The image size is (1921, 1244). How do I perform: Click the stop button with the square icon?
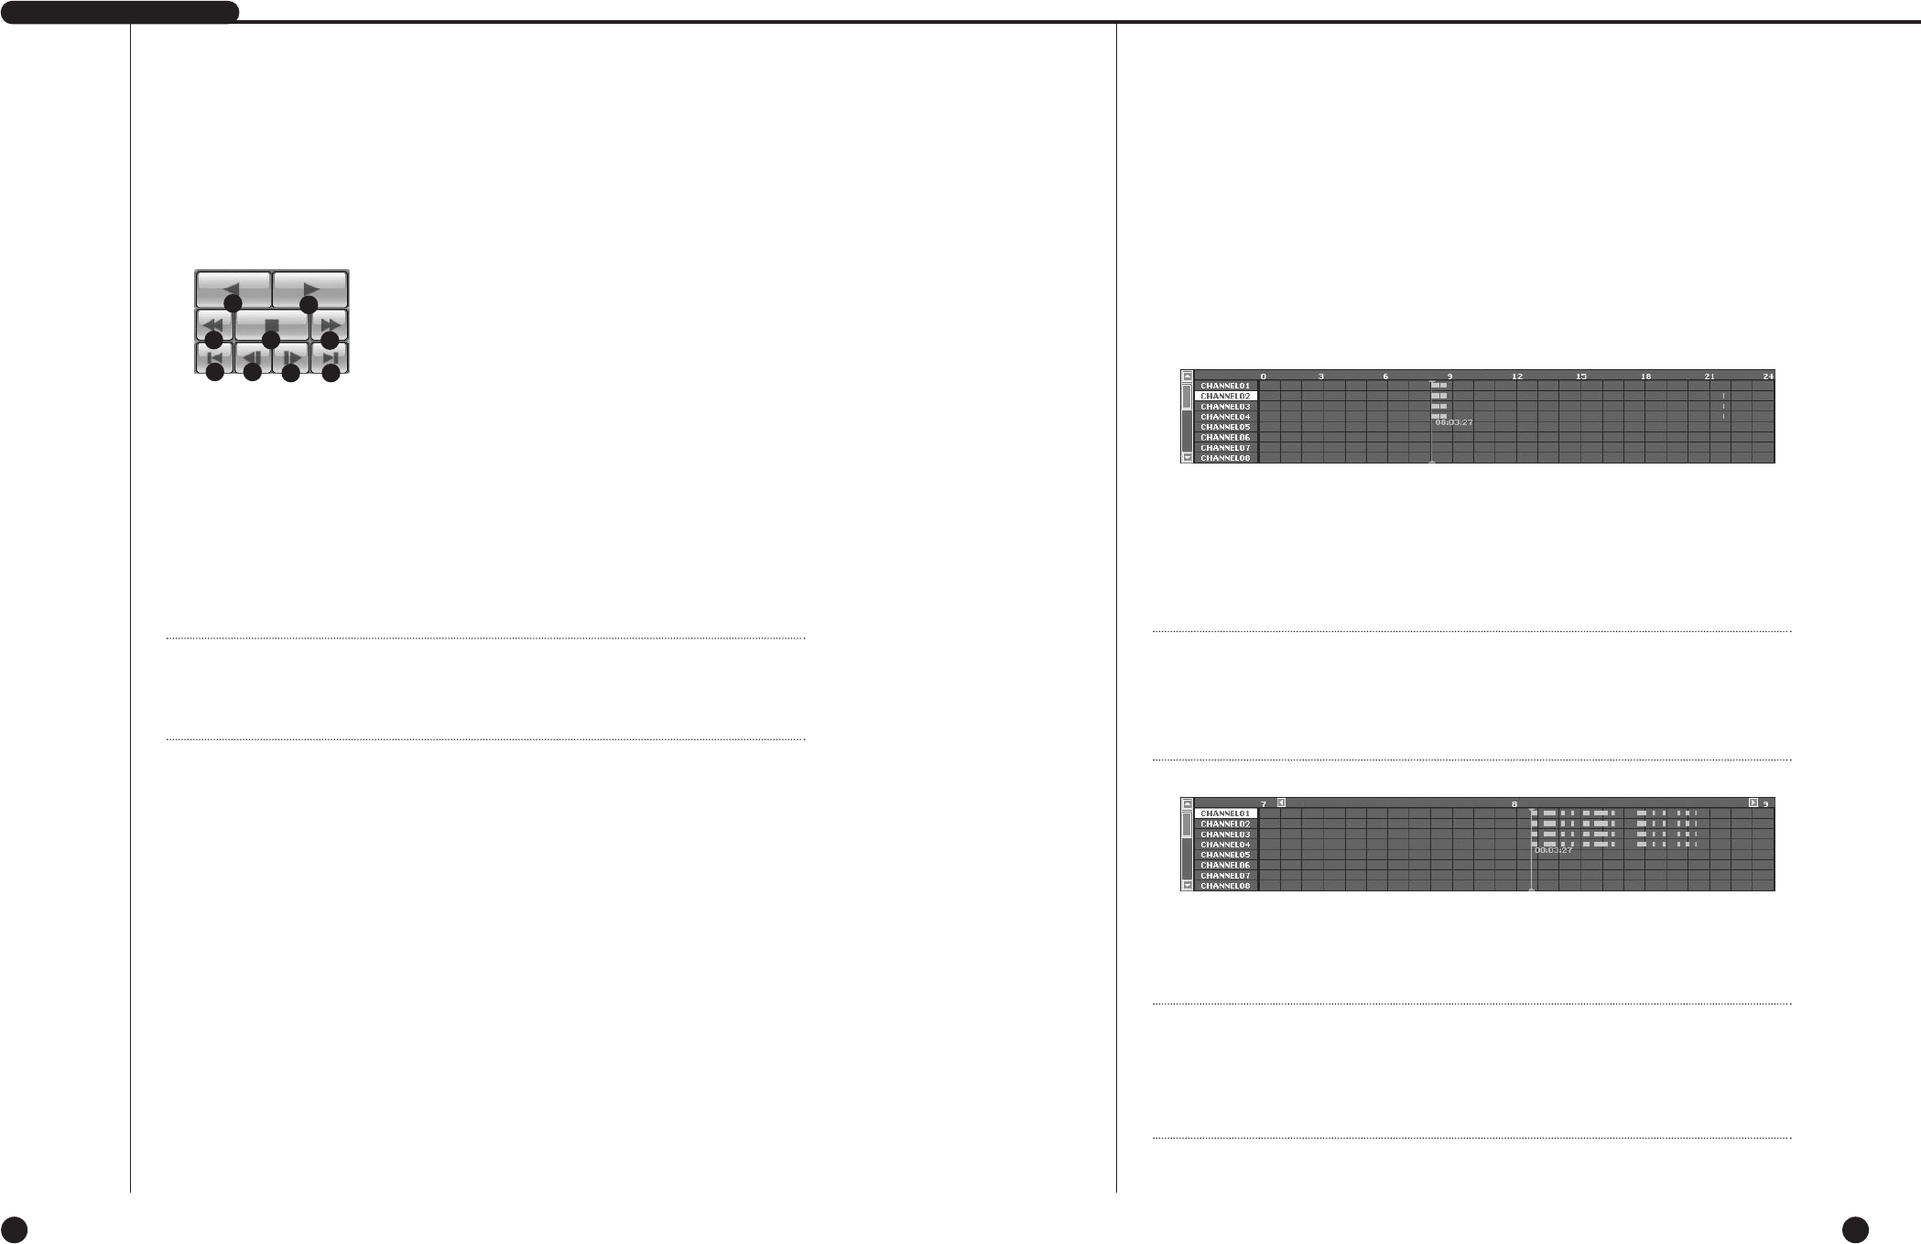tap(271, 324)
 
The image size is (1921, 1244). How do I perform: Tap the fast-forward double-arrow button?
tap(330, 324)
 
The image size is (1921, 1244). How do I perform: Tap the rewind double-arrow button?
tap(213, 324)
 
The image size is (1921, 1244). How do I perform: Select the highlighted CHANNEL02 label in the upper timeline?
tap(1225, 397)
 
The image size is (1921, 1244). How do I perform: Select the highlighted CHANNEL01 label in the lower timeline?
tap(1225, 813)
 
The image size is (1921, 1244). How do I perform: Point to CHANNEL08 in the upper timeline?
tap(1225, 458)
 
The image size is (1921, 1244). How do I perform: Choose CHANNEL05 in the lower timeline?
tap(1225, 855)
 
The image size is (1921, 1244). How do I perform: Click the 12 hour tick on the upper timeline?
tap(1517, 376)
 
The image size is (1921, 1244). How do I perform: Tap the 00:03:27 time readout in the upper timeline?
tap(1454, 422)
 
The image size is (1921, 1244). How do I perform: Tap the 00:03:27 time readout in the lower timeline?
tap(1554, 850)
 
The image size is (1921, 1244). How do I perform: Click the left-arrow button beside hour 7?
tap(1281, 802)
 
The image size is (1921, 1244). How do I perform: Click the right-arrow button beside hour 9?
tap(1753, 802)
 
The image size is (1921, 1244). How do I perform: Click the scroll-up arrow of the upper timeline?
tap(1188, 376)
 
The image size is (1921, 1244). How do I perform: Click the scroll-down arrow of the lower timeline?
tap(1188, 886)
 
